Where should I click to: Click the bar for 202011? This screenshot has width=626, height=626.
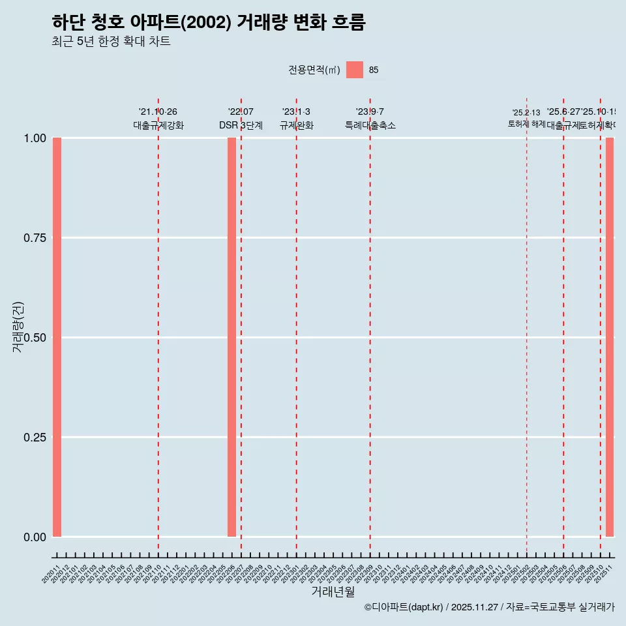tap(57, 337)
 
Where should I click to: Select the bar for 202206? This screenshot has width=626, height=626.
tap(231, 337)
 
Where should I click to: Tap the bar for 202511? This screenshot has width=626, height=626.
tap(610, 337)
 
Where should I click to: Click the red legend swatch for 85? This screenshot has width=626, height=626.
tap(355, 70)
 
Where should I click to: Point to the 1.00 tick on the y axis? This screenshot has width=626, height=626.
tap(35, 138)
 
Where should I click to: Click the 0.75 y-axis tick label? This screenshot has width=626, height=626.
tap(35, 238)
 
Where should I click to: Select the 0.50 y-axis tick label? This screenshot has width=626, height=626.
tap(35, 338)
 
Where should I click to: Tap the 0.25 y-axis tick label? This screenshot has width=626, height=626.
tap(35, 437)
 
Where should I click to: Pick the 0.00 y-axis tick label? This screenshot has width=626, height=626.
tap(35, 537)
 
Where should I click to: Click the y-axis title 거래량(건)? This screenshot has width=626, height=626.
tap(18, 327)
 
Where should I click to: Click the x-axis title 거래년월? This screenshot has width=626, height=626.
tap(333, 591)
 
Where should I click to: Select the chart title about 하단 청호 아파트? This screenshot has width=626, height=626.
tap(209, 22)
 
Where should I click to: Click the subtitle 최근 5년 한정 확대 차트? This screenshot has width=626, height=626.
tap(111, 42)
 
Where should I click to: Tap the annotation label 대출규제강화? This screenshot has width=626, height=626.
tap(158, 125)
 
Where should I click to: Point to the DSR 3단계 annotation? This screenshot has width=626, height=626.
tap(241, 125)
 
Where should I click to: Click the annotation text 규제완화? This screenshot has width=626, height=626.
tap(297, 125)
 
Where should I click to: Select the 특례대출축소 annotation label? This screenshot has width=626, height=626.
tap(370, 125)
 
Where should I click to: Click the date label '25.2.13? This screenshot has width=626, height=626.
tap(526, 113)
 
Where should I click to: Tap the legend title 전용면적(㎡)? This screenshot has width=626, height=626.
tap(314, 70)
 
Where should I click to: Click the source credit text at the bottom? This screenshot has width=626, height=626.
tap(489, 607)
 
